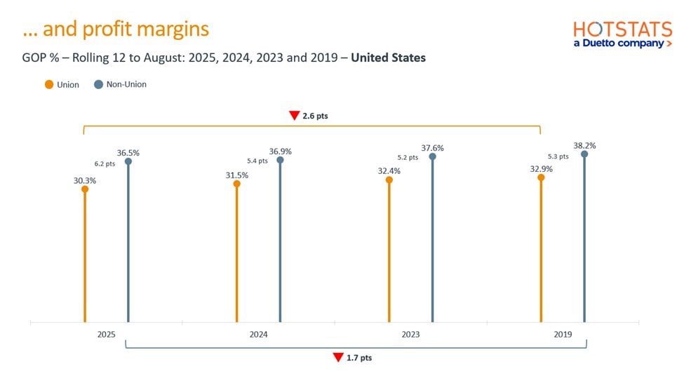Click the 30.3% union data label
(x=84, y=180)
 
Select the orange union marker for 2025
(x=85, y=189)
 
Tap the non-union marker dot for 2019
(x=584, y=154)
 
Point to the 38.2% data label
(x=584, y=146)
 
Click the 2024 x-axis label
(x=258, y=335)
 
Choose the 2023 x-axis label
(x=410, y=335)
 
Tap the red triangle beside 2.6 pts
(x=294, y=116)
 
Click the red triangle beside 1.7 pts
(x=338, y=358)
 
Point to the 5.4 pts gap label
(x=258, y=161)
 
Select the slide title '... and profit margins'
(x=116, y=29)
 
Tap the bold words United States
(x=388, y=58)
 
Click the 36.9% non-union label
(x=280, y=152)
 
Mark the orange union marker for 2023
(x=389, y=180)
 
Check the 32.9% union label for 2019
(x=541, y=169)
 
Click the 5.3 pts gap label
(x=559, y=156)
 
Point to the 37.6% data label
(x=432, y=148)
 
